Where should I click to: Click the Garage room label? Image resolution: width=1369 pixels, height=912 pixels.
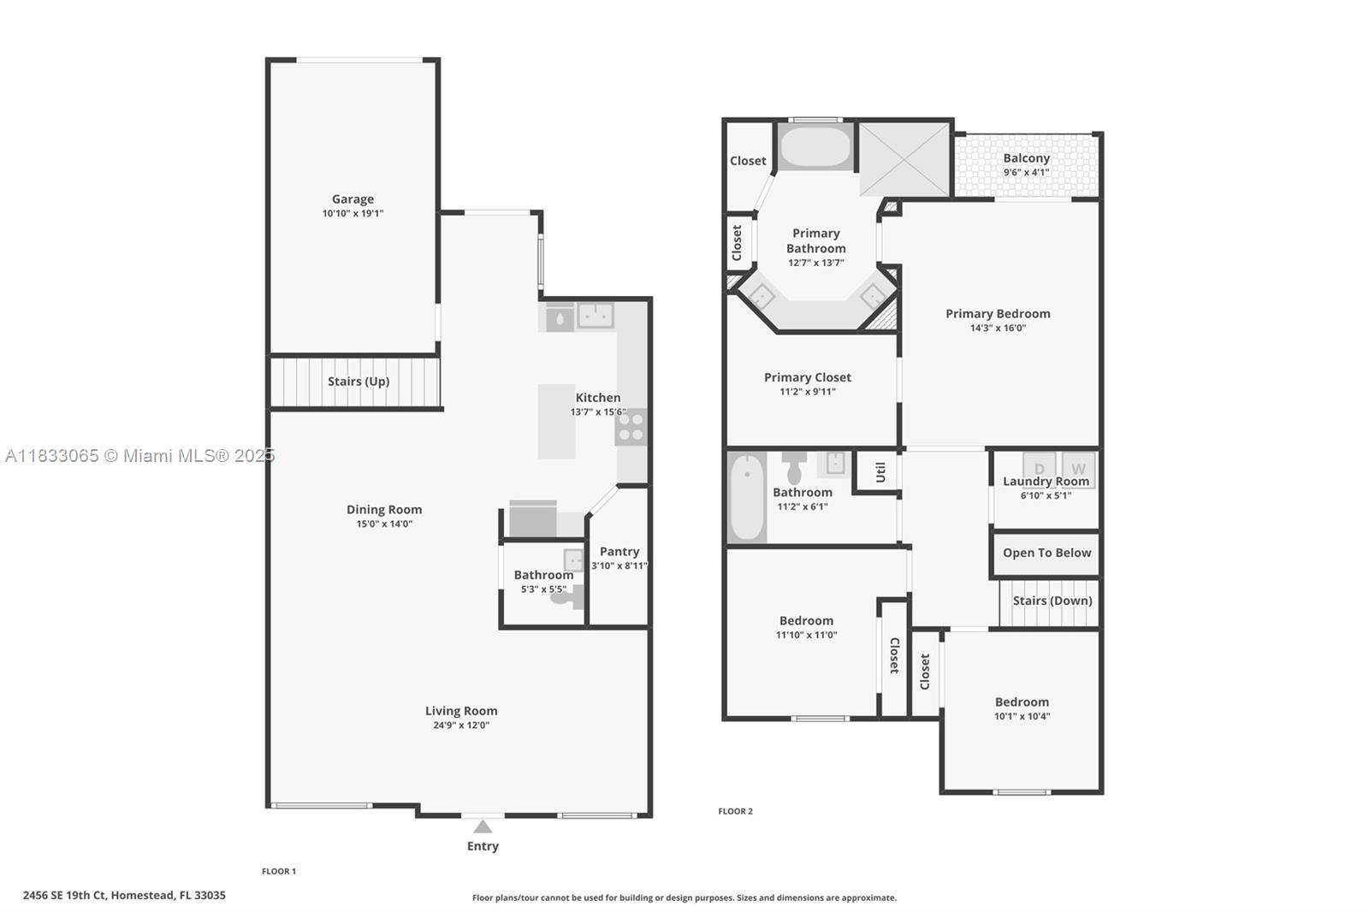click(x=353, y=199)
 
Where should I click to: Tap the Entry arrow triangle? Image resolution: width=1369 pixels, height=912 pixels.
click(x=483, y=826)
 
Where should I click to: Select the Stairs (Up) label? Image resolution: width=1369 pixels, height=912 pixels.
click(x=358, y=382)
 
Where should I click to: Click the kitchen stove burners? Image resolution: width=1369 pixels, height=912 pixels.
click(x=631, y=427)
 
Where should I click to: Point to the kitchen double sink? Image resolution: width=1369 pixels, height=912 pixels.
click(x=595, y=316)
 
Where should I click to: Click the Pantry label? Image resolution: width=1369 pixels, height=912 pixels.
click(x=619, y=552)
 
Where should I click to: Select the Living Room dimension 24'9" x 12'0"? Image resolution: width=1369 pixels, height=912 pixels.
click(x=461, y=725)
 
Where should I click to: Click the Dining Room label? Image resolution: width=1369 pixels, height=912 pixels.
click(x=384, y=510)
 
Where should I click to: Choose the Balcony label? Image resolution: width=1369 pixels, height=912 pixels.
click(x=1026, y=158)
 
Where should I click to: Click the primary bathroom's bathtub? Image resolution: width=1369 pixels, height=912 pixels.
click(x=815, y=147)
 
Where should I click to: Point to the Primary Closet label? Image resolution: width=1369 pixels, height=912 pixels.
click(x=807, y=377)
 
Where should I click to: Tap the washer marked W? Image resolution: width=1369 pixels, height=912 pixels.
click(x=1078, y=469)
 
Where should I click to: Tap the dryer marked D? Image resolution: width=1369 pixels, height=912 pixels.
click(x=1040, y=469)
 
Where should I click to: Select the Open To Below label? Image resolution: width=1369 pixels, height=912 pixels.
click(x=1046, y=553)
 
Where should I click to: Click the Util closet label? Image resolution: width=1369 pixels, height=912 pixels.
click(x=880, y=471)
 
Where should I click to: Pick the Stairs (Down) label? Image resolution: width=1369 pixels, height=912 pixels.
click(x=1052, y=601)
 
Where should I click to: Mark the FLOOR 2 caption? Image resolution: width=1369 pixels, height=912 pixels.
click(x=735, y=811)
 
